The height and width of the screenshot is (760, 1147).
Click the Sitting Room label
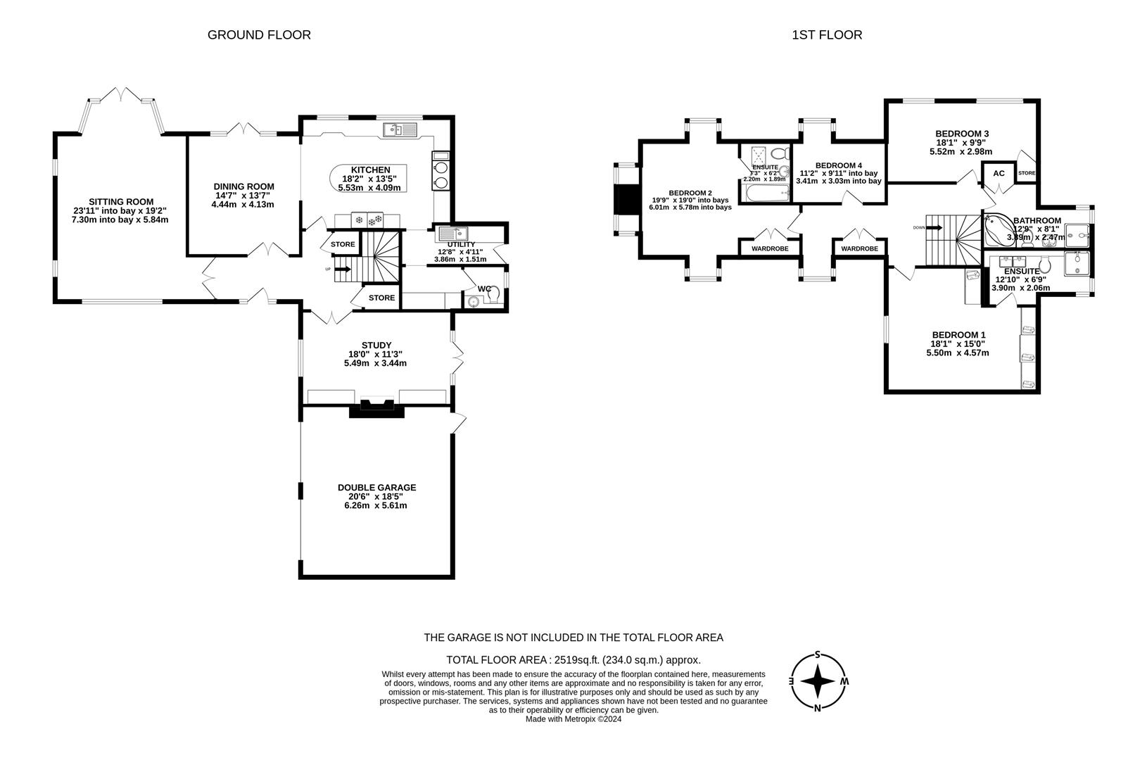(x=120, y=202)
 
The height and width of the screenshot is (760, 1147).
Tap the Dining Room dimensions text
(x=243, y=200)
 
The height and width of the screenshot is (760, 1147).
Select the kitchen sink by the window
(x=400, y=129)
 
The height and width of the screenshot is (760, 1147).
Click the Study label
(x=376, y=345)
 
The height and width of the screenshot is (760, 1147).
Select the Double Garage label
(x=376, y=487)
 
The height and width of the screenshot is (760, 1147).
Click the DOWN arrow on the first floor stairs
(x=934, y=227)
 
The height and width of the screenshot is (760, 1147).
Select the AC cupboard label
(x=999, y=173)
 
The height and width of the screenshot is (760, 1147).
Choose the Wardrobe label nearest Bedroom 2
(x=769, y=248)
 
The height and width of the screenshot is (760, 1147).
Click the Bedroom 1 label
(x=958, y=335)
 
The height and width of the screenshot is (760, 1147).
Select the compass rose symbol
(x=818, y=681)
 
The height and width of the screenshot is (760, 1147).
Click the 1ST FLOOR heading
(x=827, y=34)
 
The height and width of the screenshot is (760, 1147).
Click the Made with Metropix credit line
(x=573, y=719)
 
